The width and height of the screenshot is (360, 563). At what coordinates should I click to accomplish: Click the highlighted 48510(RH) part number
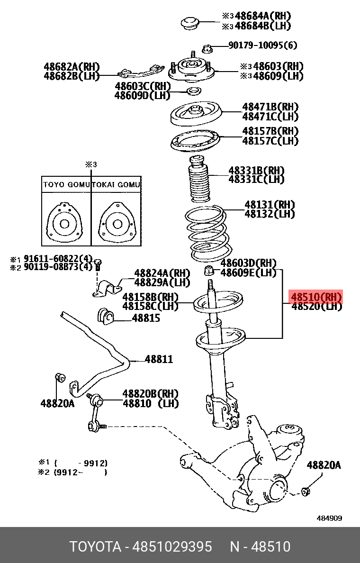(x=316, y=297)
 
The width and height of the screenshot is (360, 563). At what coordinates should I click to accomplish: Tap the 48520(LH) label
(x=316, y=307)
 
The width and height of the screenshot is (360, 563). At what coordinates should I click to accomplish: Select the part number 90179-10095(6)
(x=262, y=45)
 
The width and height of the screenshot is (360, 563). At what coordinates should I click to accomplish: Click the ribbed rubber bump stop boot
(x=198, y=180)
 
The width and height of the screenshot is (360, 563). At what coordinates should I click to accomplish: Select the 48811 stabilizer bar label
(x=159, y=359)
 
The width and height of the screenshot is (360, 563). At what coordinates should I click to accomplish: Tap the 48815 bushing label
(x=146, y=318)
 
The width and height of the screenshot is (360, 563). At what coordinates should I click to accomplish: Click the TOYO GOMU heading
(x=66, y=185)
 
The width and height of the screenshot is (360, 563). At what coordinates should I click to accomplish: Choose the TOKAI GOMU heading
(x=116, y=185)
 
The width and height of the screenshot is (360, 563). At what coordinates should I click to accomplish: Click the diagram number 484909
(x=329, y=518)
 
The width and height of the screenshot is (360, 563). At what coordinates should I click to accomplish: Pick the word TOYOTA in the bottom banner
(x=95, y=546)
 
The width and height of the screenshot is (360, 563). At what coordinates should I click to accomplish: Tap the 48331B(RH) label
(x=256, y=170)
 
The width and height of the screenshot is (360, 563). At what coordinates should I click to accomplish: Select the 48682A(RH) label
(x=72, y=67)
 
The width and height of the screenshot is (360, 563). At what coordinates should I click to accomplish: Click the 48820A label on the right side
(x=324, y=465)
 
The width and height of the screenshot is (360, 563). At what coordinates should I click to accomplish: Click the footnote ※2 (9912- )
(x=73, y=472)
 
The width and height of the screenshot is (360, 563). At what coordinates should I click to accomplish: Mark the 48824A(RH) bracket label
(x=162, y=273)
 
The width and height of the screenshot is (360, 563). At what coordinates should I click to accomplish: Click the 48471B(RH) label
(x=270, y=107)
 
